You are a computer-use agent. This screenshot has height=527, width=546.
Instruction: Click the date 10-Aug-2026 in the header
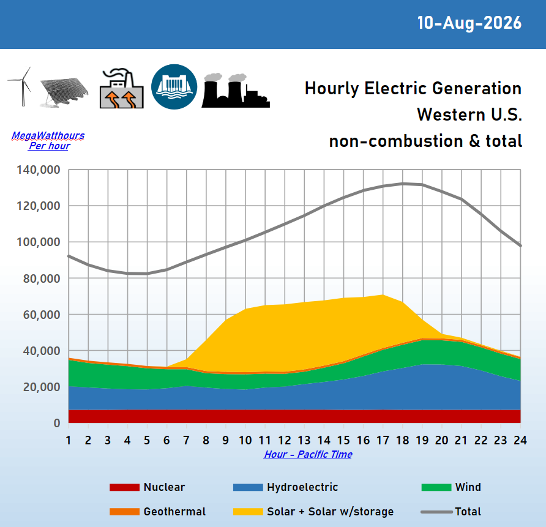469,23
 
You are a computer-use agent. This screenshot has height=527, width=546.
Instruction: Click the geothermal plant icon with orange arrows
122,89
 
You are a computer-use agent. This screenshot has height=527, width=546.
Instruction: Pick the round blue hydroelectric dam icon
174,87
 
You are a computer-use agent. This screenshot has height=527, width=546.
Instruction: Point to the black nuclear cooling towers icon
236,90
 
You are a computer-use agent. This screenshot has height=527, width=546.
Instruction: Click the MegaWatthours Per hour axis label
48,140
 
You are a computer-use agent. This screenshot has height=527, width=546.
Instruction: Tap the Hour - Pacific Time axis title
308,454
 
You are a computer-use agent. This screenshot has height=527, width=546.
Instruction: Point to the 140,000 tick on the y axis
39,170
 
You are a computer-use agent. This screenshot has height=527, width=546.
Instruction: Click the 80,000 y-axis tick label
42,278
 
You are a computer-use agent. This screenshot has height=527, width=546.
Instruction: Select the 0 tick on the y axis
57,423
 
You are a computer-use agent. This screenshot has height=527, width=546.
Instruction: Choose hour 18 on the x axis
403,440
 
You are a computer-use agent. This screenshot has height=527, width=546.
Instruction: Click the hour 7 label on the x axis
186,440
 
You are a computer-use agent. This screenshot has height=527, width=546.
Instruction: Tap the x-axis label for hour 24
520,440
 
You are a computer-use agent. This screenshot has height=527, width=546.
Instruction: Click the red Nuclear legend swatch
124,487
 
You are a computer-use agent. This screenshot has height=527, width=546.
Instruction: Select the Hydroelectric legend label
302,487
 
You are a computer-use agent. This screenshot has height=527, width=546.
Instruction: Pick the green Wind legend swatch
436,487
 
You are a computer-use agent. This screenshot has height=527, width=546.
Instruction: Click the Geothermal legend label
174,511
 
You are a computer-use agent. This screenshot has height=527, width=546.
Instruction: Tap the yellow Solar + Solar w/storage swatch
248,511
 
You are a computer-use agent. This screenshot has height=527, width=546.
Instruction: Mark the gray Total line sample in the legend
436,512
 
